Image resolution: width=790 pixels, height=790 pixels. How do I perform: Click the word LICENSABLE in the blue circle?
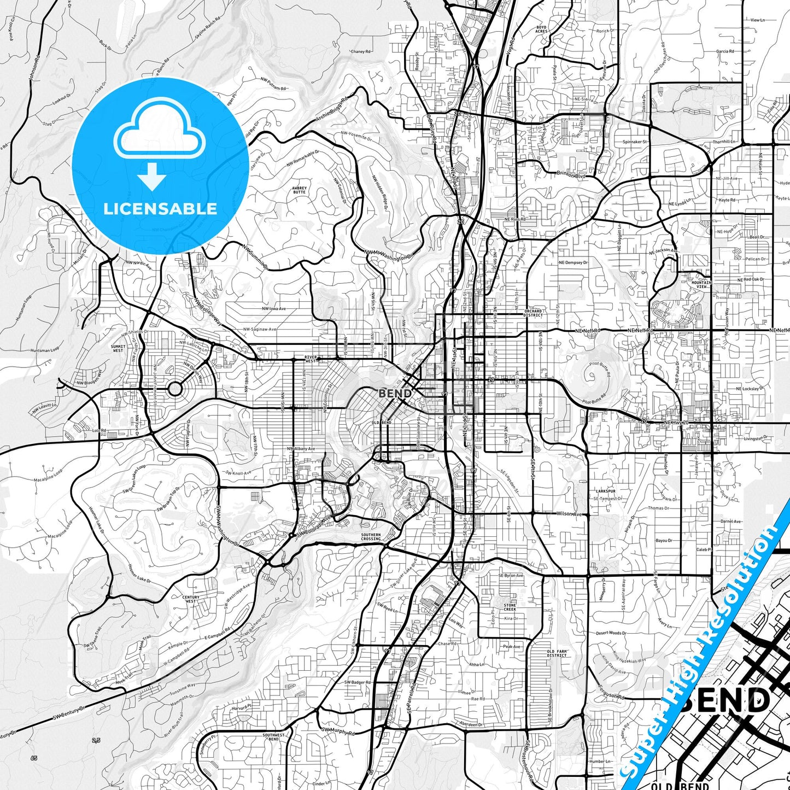pos(160,208)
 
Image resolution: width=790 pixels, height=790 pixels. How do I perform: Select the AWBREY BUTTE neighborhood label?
pos(299,190)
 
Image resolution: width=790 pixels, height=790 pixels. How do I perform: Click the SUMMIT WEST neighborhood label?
pos(118,348)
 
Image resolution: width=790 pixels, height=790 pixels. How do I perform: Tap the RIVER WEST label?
pos(311,359)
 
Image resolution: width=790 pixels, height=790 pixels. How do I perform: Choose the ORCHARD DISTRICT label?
pos(533,313)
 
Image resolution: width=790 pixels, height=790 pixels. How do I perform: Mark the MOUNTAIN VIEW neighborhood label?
pos(701,284)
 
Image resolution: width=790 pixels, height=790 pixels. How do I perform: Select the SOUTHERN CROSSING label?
pos(371,537)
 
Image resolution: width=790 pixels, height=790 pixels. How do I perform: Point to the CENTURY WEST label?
pos(191,599)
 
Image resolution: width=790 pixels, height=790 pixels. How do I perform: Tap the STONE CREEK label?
pos(510,607)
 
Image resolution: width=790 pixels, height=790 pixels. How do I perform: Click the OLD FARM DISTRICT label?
pos(557,653)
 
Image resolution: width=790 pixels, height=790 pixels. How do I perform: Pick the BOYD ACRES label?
pos(541,29)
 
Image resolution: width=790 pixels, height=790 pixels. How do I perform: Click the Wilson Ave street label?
pos(570,514)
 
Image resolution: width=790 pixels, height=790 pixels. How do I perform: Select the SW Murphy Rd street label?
pos(338,730)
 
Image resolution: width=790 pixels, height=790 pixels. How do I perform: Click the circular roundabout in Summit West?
pos(174,389)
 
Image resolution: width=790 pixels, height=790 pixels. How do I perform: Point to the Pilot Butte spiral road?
pos(590,376)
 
